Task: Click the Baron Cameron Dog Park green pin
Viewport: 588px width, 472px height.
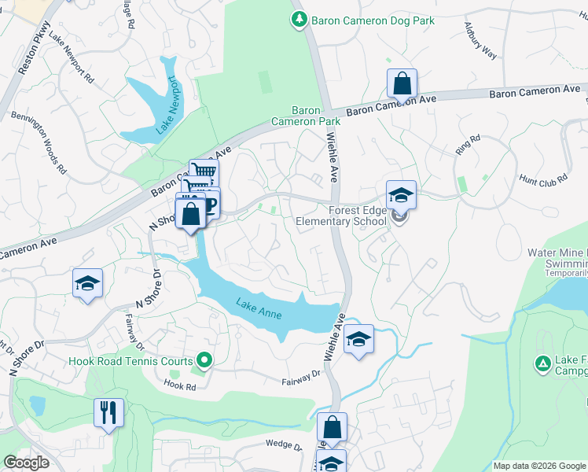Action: [x=299, y=20]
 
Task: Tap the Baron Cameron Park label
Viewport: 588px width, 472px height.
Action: [x=306, y=116]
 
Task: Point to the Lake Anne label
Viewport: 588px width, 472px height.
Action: [x=255, y=304]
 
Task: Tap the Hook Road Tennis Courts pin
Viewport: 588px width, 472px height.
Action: [x=204, y=361]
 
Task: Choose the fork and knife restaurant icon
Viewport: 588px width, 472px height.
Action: [x=108, y=411]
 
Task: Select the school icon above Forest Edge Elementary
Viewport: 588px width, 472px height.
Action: [x=401, y=194]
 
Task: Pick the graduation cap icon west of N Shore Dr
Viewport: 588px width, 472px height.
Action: [x=88, y=282]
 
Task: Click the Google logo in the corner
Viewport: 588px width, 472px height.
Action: [x=26, y=463]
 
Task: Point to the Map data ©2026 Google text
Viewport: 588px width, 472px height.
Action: [x=538, y=466]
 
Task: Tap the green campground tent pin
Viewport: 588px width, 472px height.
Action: [x=542, y=363]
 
